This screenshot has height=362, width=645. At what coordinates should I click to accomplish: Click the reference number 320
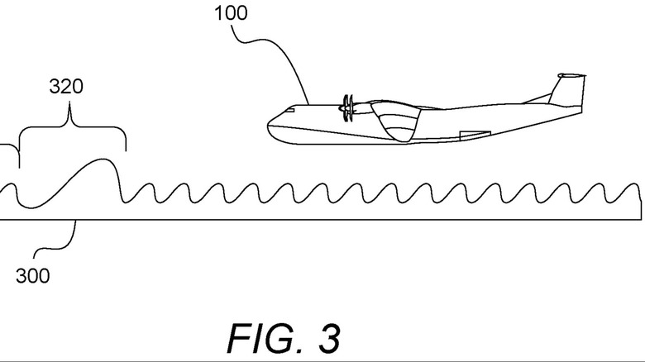67,86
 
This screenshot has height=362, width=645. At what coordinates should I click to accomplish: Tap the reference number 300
32,276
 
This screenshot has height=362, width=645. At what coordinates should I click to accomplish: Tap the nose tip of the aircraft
269,126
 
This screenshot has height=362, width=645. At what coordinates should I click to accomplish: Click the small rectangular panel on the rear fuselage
475,133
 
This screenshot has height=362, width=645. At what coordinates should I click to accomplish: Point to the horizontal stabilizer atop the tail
572,77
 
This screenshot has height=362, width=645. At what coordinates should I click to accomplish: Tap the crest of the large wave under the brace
103,160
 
